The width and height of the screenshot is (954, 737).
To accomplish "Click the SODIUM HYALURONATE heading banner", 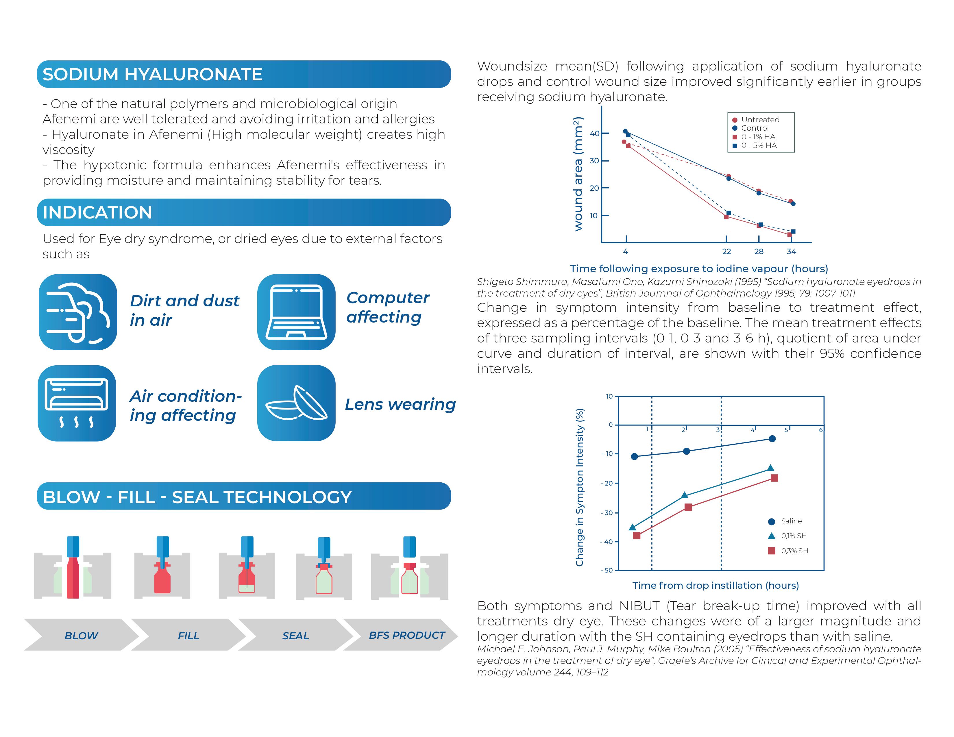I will click(244, 74).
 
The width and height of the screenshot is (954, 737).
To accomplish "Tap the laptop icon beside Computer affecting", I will click(296, 312).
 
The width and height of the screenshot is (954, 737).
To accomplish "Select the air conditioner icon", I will click(77, 403).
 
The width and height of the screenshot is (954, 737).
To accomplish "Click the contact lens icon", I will click(296, 403).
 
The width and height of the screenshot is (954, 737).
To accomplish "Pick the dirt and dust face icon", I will click(78, 312).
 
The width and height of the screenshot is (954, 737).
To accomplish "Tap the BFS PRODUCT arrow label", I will click(407, 635).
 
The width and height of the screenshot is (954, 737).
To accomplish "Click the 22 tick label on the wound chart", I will click(726, 251).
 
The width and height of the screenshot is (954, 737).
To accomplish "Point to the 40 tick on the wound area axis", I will click(594, 134).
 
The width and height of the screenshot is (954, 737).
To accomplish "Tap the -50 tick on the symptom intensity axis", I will click(608, 570).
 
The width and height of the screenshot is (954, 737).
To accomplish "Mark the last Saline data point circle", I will click(772, 438).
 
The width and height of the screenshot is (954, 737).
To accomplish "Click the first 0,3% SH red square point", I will click(637, 535).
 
